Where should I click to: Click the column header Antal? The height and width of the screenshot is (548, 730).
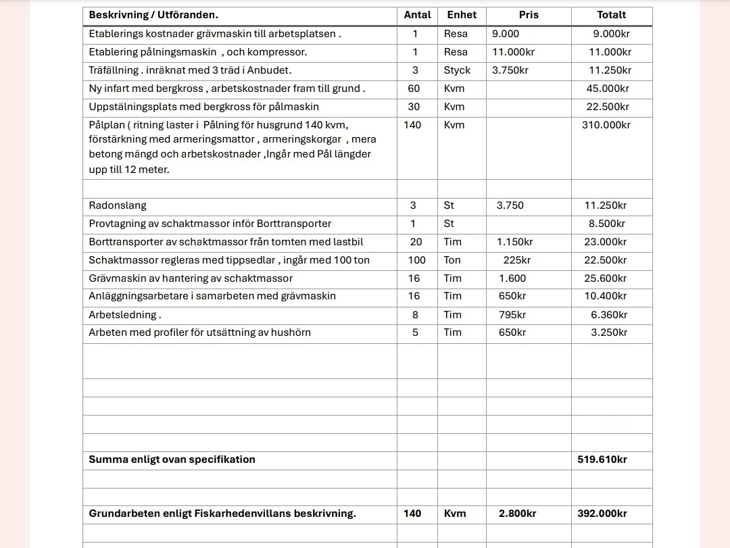(417, 15)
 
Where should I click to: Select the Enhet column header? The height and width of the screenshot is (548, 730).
(462, 15)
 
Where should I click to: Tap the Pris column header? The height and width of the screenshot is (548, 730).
(529, 15)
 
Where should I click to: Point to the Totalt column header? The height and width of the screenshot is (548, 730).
(611, 15)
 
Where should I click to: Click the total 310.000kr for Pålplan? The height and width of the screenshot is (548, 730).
(606, 125)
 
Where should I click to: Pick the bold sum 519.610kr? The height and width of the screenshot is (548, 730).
(602, 459)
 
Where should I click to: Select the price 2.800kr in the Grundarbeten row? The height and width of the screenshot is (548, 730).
(517, 514)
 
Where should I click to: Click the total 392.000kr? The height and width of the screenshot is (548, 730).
(602, 514)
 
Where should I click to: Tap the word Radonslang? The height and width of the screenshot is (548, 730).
(118, 205)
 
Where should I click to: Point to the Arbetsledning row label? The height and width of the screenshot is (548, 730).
(125, 315)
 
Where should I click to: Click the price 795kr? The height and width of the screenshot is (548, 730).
(512, 315)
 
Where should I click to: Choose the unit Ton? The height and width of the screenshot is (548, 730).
(452, 260)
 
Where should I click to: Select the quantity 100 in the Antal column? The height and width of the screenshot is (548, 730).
(417, 260)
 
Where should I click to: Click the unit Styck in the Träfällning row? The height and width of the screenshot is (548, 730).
(457, 70)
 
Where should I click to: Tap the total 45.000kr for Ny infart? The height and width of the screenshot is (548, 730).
(608, 89)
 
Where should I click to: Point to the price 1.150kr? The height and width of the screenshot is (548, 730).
(514, 242)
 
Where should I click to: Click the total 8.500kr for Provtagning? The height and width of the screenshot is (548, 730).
(606, 224)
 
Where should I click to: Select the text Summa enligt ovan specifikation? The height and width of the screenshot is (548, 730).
(172, 459)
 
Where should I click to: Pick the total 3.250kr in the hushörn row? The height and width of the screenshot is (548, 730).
(608, 332)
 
